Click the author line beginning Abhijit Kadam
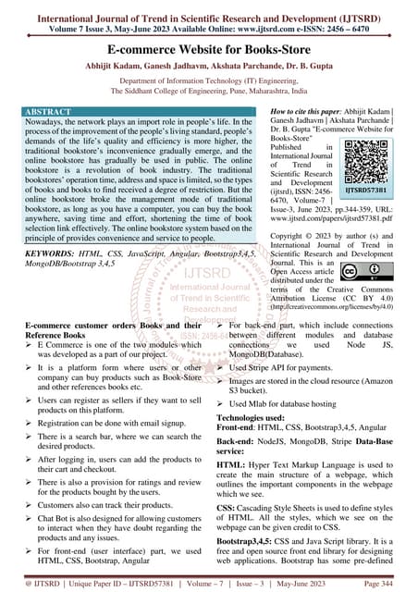point(209,65)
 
